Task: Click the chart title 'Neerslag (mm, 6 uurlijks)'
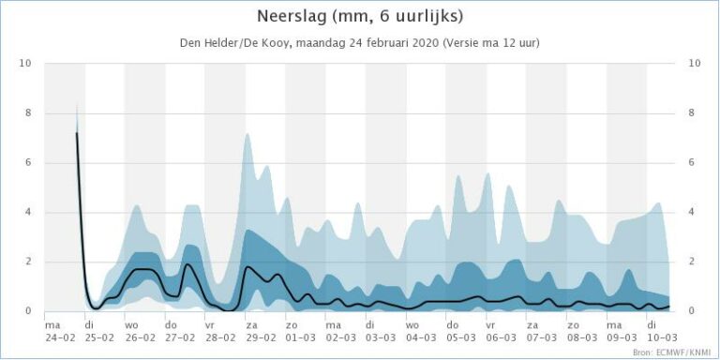point(360,17)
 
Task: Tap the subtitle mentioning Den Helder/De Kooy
point(359,43)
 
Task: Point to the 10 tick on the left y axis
point(25,64)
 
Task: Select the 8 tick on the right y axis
point(693,113)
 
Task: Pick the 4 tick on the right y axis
point(693,213)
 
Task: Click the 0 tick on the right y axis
point(693,311)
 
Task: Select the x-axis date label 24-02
point(58,337)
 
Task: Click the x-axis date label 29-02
point(260,337)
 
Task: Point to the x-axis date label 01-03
point(300,337)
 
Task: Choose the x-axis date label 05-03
point(461,337)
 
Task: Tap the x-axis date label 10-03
point(662,337)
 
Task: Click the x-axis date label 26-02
point(139,337)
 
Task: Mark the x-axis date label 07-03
point(542,337)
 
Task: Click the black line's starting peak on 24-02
point(76,133)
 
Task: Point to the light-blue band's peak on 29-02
point(247,134)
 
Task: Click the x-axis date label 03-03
point(381,337)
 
